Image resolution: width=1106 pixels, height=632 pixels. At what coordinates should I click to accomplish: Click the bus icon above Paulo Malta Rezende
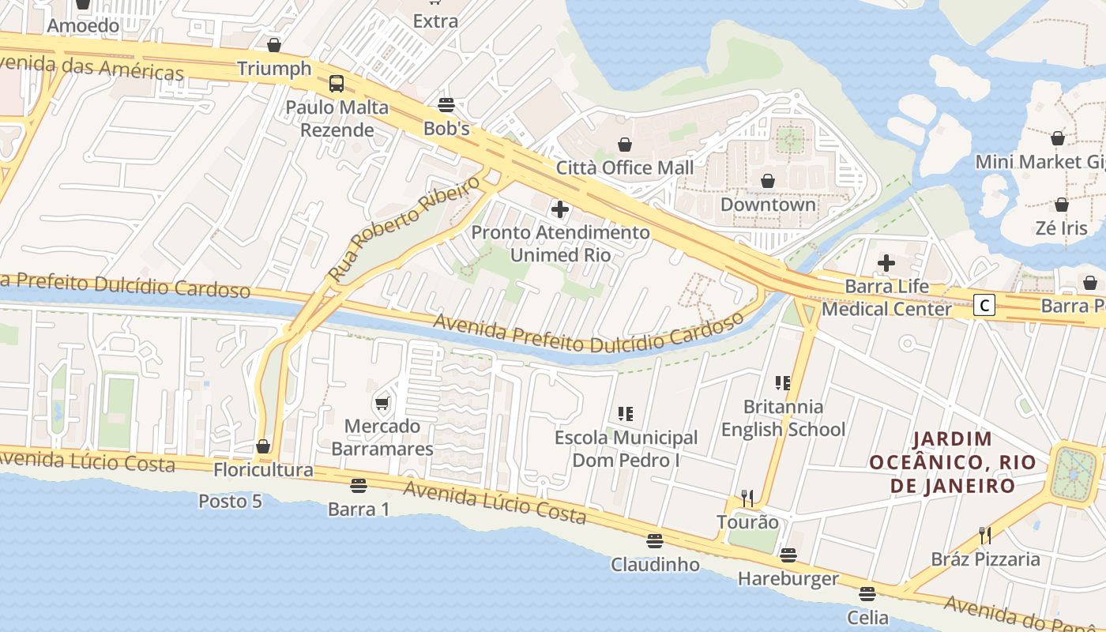(x=337, y=83)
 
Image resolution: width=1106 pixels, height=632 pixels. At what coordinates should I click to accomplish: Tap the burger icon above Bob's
(x=446, y=105)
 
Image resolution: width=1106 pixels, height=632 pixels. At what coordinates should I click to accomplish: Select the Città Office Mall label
(x=625, y=167)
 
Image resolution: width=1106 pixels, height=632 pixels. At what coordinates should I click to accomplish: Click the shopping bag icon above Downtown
(x=767, y=182)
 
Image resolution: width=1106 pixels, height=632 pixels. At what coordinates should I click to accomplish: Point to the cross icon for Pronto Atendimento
(x=560, y=209)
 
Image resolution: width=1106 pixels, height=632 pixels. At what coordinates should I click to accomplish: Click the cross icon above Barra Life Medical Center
(x=886, y=263)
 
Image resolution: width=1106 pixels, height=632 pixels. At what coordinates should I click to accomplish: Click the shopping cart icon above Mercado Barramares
(x=382, y=404)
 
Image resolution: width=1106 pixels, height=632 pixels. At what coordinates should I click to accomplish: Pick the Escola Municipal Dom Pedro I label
(x=626, y=449)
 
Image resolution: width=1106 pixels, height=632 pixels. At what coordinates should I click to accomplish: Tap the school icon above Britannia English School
(x=783, y=383)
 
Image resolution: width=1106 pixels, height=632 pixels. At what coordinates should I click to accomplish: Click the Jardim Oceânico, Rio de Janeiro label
(x=953, y=462)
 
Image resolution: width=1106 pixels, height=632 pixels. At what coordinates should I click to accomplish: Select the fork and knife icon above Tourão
(x=747, y=498)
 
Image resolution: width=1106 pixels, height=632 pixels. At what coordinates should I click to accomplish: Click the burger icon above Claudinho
(x=654, y=541)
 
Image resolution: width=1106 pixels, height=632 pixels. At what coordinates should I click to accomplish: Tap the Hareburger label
(x=788, y=579)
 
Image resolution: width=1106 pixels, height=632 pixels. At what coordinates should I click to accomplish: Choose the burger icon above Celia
(x=867, y=594)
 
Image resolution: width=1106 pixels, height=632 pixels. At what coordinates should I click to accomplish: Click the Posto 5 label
(x=230, y=501)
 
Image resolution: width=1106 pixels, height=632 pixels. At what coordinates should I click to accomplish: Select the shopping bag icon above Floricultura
(x=263, y=446)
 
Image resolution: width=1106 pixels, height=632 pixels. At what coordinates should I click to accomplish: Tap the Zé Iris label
(x=1061, y=228)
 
